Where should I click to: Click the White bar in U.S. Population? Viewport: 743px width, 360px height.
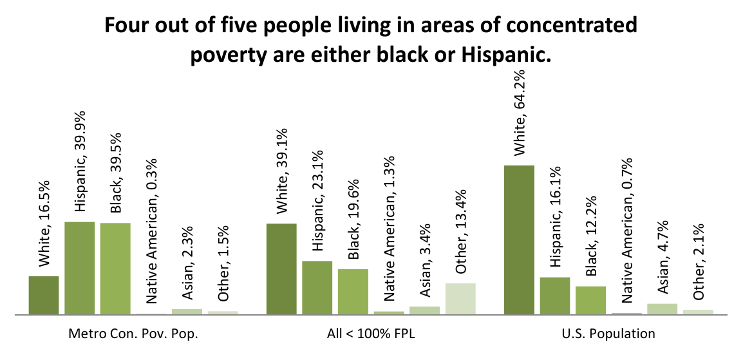pyautogui.click(x=519, y=240)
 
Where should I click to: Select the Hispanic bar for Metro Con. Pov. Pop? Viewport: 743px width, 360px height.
pyautogui.click(x=79, y=268)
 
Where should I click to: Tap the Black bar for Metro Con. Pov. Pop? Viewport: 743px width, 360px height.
pyautogui.click(x=115, y=269)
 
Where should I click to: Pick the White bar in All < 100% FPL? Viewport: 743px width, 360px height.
pyautogui.click(x=281, y=269)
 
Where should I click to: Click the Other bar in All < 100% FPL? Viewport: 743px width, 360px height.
pyautogui.click(x=460, y=299)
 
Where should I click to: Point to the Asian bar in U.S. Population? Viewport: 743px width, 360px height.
pyautogui.click(x=662, y=309)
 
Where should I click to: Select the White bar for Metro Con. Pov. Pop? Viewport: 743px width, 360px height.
pyautogui.click(x=44, y=295)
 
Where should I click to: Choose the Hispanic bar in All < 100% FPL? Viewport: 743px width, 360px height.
pyautogui.click(x=317, y=288)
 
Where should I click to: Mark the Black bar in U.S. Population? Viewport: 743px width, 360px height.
pyautogui.click(x=590, y=300)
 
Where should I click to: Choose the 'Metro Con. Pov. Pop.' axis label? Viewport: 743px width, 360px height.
pyautogui.click(x=133, y=334)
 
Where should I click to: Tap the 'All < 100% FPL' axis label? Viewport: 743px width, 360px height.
pyautogui.click(x=371, y=334)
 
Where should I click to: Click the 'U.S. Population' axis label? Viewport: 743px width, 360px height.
pyautogui.click(x=608, y=334)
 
